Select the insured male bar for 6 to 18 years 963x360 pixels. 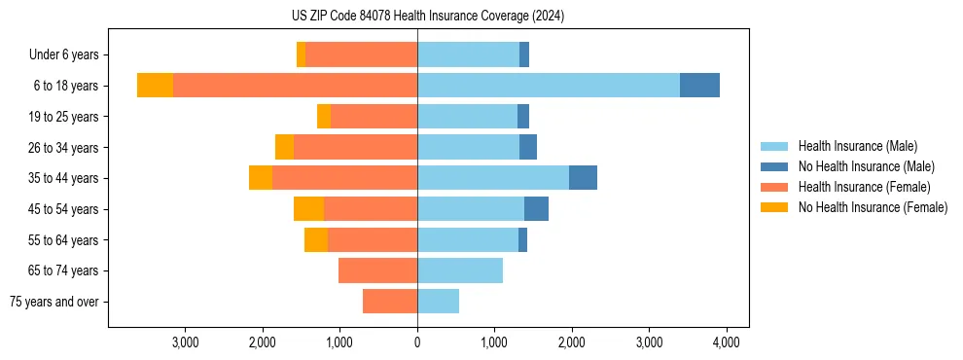click(x=548, y=86)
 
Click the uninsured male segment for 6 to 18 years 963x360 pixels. click(x=699, y=86)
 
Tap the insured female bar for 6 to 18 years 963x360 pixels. click(x=295, y=86)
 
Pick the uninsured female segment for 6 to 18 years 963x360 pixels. click(x=155, y=86)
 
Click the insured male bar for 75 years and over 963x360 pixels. click(x=438, y=302)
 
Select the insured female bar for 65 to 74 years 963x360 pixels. click(x=377, y=270)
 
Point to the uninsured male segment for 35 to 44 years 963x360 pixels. click(x=583, y=178)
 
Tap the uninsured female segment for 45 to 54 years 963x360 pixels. click(x=308, y=209)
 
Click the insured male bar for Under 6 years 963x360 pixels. click(x=468, y=54)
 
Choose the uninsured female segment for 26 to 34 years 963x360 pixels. click(x=284, y=147)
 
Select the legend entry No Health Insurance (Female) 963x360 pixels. click(x=873, y=207)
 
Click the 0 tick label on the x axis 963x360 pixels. click(x=417, y=342)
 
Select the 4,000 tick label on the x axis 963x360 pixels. click(x=726, y=342)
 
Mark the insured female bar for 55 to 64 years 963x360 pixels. click(x=373, y=240)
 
